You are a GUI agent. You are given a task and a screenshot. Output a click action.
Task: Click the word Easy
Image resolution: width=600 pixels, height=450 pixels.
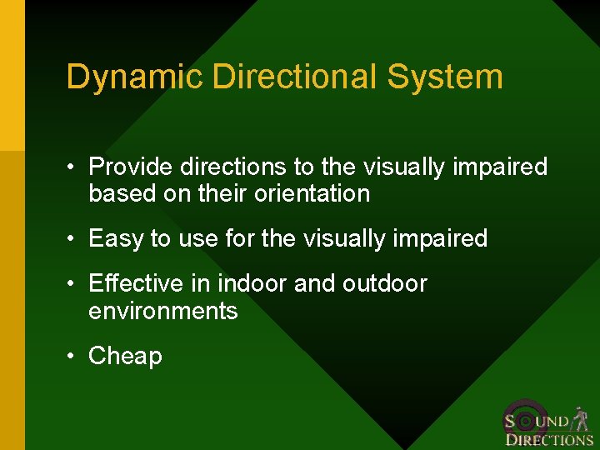click(x=115, y=239)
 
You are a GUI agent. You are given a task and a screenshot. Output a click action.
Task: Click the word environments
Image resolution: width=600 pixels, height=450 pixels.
click(x=162, y=311)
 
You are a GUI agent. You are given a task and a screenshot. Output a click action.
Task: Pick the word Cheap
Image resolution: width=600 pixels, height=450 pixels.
click(x=125, y=356)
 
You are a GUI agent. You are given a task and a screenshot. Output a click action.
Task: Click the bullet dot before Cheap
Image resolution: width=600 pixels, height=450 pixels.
click(x=72, y=356)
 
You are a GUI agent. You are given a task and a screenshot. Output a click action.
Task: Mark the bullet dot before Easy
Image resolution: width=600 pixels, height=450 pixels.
click(x=72, y=239)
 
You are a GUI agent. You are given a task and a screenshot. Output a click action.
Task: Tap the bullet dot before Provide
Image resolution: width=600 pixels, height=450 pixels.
click(x=72, y=167)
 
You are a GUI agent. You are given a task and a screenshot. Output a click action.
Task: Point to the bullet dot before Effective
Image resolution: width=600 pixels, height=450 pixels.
click(x=72, y=283)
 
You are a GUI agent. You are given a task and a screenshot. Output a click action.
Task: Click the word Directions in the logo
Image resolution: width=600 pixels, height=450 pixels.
click(x=549, y=440)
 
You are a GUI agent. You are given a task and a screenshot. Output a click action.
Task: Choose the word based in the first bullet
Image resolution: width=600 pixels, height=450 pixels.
click(x=116, y=194)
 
